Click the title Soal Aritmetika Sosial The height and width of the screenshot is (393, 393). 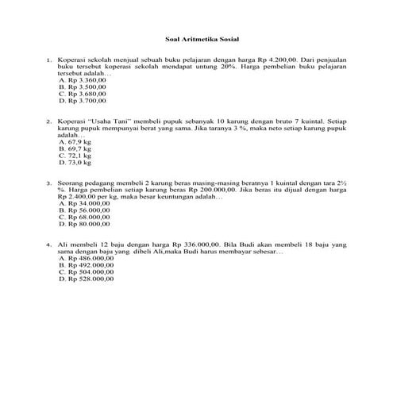point(196,38)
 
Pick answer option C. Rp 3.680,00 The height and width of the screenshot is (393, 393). point(83,94)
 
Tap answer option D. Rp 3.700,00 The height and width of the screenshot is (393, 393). point(83,102)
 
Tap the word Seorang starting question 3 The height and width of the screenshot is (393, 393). point(71,183)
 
